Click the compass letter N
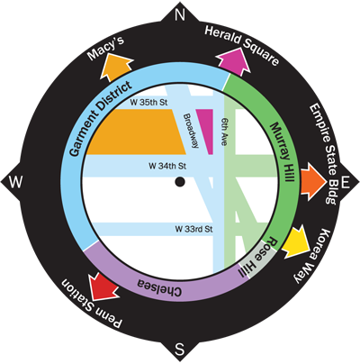pos(180,14)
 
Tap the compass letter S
pos(179,350)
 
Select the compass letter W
pos(15,182)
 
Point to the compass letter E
pos(346,182)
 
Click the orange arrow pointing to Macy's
pos(115,68)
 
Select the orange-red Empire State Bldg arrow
pos(313,182)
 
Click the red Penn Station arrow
pos(103,287)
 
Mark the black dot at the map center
pos(180,182)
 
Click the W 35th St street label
pos(148,103)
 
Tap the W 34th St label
pos(167,166)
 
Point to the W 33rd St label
pos(193,229)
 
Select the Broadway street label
pos(191,131)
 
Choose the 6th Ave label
pos(223,132)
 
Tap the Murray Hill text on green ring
pos(282,152)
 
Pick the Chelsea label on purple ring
pos(159,287)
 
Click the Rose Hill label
pos(256,258)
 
